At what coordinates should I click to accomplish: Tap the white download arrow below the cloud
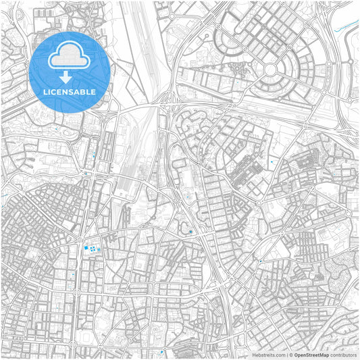click(x=70, y=78)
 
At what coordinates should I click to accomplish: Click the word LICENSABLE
click(x=70, y=91)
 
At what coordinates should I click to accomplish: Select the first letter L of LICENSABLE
click(x=45, y=91)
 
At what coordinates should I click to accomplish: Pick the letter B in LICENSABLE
click(x=85, y=91)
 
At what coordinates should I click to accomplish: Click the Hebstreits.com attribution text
click(x=268, y=355)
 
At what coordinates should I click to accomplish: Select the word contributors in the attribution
click(x=344, y=355)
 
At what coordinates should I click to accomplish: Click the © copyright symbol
click(x=290, y=355)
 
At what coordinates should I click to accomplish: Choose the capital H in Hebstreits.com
click(x=253, y=355)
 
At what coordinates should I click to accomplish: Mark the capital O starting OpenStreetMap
click(x=296, y=355)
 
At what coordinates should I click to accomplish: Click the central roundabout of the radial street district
click(x=272, y=70)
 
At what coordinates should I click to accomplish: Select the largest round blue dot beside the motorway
click(x=191, y=232)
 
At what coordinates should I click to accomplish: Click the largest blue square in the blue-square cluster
click(x=86, y=248)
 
